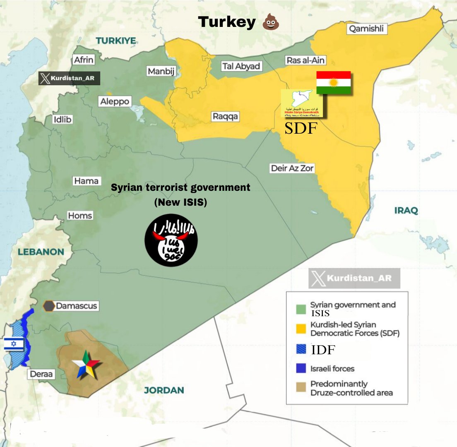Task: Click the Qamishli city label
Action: point(366,29)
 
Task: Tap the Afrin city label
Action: point(84,60)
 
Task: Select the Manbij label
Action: point(161,71)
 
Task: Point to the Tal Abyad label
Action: point(241,66)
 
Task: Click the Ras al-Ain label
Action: point(305,60)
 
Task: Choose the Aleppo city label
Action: point(115,101)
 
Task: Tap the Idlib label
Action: point(63,120)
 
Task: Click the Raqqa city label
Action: point(225,116)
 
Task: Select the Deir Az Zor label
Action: point(292,168)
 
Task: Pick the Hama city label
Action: point(86,181)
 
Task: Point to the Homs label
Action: point(80,216)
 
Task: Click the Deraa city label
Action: point(42,374)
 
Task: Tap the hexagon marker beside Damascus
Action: point(49,306)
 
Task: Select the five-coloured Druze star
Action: point(86,365)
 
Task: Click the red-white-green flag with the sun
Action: point(333,82)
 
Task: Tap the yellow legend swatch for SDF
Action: point(301,329)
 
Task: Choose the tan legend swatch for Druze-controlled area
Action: point(301,388)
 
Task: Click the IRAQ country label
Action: point(406,210)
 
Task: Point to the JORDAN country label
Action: point(164,390)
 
